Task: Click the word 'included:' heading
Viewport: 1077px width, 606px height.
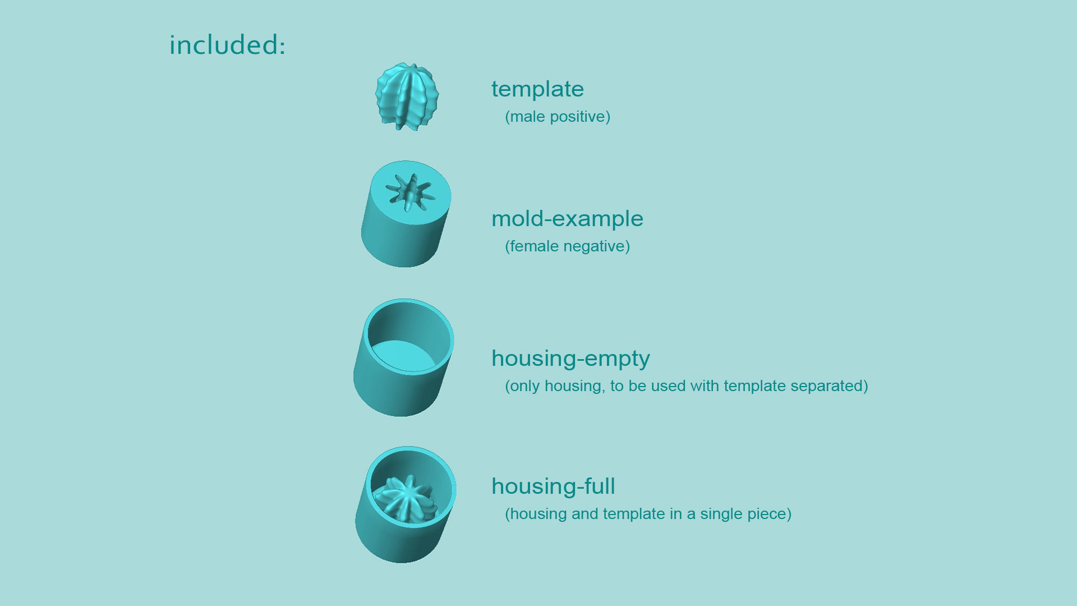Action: click(227, 45)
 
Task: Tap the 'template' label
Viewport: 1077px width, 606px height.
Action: click(537, 89)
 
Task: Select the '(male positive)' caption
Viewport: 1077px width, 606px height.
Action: click(558, 117)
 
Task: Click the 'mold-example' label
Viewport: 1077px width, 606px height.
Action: click(567, 219)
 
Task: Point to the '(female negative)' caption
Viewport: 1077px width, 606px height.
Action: click(567, 246)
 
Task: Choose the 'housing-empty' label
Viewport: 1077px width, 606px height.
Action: click(570, 359)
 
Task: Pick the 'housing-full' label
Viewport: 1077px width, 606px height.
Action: click(553, 486)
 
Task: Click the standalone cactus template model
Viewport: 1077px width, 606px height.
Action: click(407, 97)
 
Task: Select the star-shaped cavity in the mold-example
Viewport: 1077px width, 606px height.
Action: click(411, 192)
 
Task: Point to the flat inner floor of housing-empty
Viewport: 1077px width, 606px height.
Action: click(403, 356)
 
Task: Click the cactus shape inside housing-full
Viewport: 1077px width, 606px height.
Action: click(406, 499)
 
